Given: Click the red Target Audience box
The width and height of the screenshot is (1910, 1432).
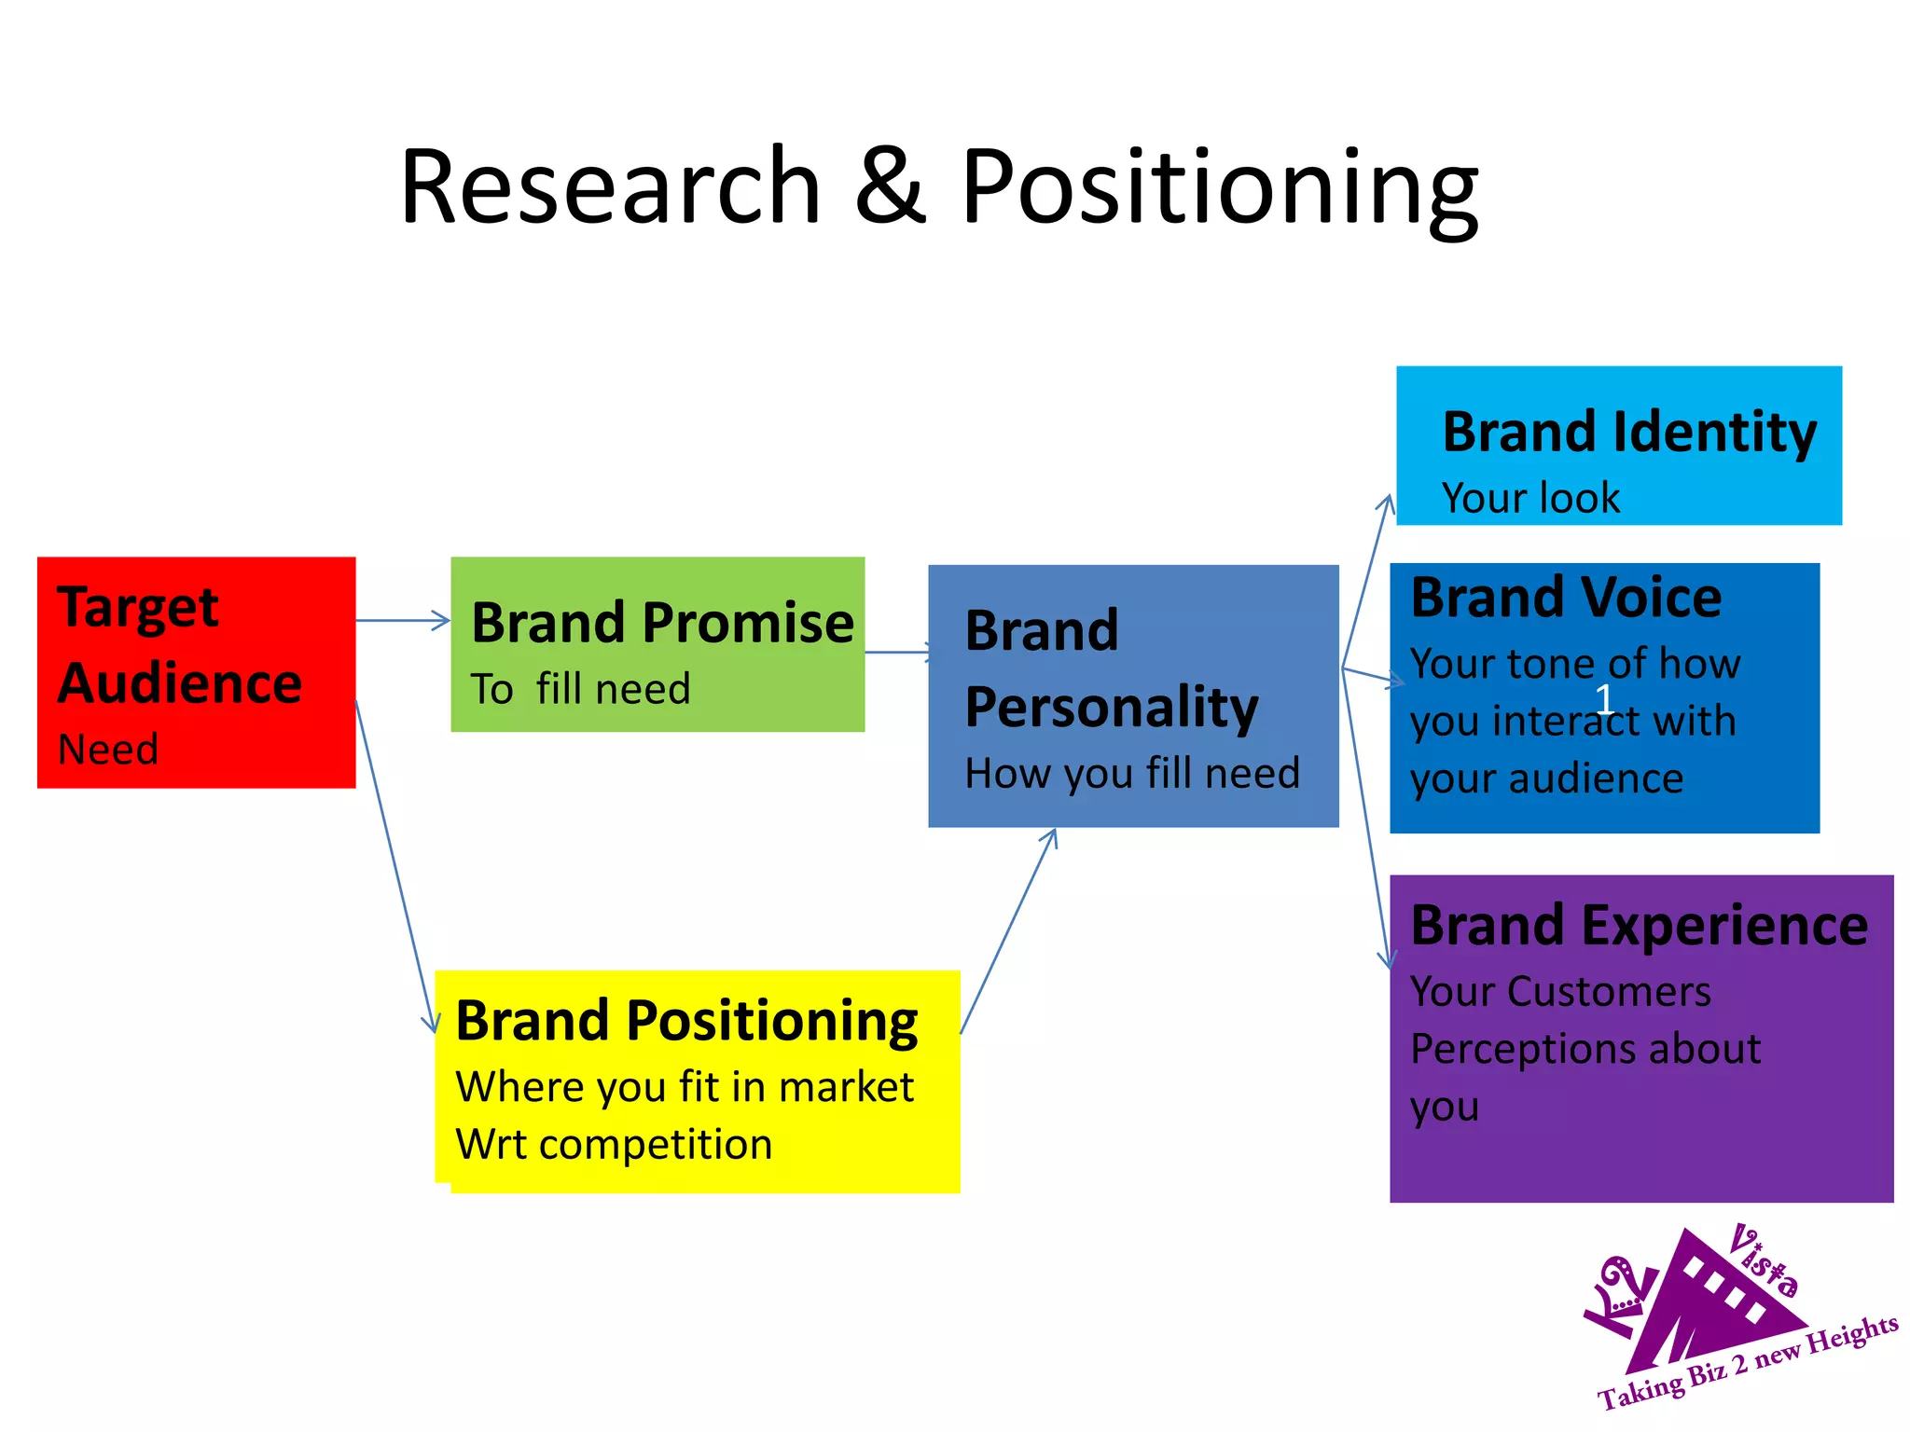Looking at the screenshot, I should click(x=196, y=671).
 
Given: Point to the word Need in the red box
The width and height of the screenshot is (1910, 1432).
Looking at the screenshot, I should click(x=108, y=750).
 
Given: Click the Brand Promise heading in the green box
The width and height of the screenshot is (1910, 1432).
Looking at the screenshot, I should click(x=662, y=623).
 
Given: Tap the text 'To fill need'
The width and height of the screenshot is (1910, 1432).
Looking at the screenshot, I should click(x=580, y=690).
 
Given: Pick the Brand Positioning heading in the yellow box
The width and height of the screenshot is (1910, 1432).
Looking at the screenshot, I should click(x=686, y=1021).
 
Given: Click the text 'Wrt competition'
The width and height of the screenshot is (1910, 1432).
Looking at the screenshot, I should click(x=614, y=1145).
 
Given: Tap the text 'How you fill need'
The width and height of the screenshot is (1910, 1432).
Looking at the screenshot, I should click(x=1132, y=774).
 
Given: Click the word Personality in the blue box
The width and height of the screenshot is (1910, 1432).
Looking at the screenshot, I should click(x=1112, y=707).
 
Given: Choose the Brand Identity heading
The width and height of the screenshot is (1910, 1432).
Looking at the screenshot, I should click(x=1629, y=433).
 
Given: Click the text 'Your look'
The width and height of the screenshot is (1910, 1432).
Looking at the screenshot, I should click(x=1530, y=499).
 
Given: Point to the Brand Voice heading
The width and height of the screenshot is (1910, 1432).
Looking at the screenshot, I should click(x=1566, y=598).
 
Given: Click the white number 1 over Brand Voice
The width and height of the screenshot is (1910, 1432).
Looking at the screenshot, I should click(x=1604, y=698).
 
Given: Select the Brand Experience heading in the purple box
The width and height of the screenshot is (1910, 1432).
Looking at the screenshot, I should click(x=1639, y=926).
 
